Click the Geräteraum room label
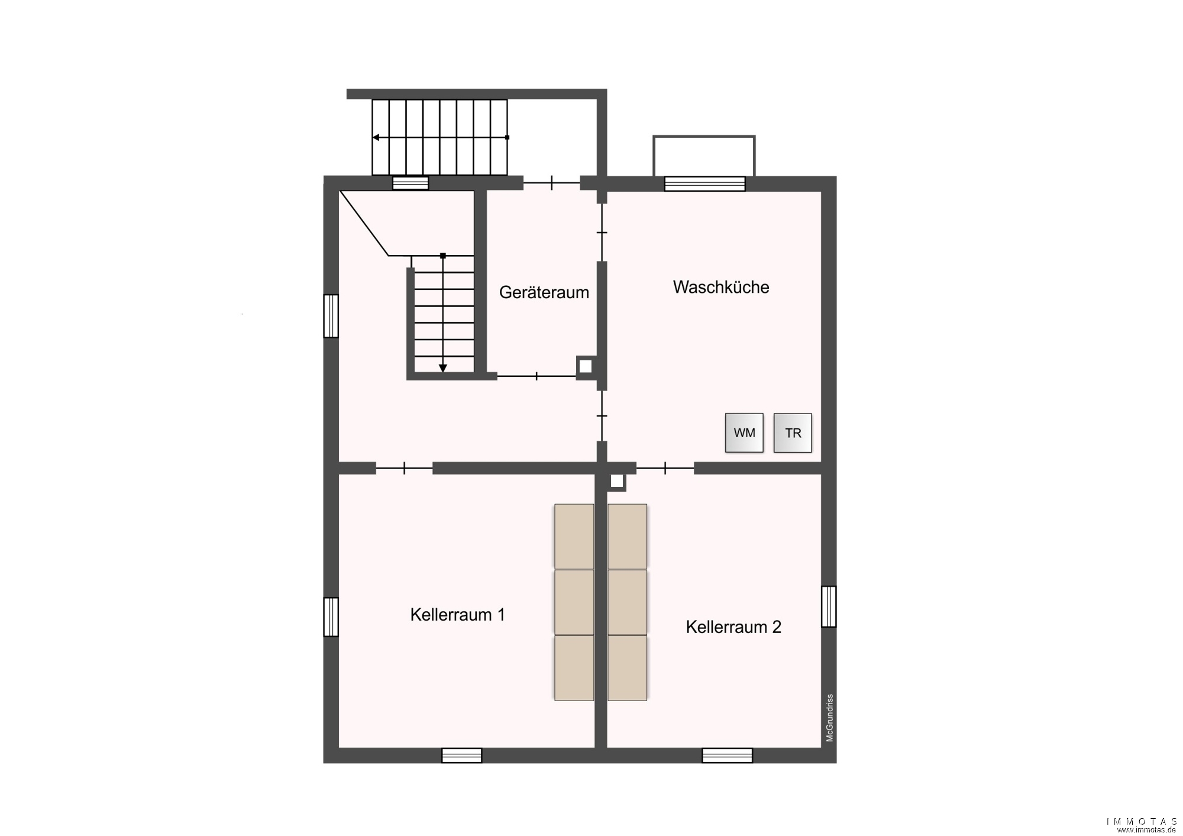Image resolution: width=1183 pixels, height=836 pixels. point(544,292)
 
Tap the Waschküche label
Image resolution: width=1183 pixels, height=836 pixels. point(721,287)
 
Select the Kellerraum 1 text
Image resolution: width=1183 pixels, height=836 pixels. point(458,615)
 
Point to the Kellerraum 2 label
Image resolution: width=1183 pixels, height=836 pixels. point(733,627)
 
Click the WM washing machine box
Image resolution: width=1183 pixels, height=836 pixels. point(744,433)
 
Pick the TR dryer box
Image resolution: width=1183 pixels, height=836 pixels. point(793,433)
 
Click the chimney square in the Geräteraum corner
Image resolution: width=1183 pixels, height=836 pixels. point(586,367)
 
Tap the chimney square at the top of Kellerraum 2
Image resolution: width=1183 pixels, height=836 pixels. point(617,482)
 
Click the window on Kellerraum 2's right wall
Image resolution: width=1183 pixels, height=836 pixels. point(829,606)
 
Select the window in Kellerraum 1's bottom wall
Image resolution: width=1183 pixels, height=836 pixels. point(462,756)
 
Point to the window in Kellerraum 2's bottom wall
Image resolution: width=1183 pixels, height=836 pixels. point(728,756)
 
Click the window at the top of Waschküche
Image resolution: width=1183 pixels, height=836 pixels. point(704,183)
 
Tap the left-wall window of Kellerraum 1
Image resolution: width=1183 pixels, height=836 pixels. point(331,617)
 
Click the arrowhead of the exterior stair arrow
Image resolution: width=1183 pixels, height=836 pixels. point(376,137)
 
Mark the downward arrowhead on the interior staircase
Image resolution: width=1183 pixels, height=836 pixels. point(443,369)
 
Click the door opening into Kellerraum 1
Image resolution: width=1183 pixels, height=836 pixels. point(405,469)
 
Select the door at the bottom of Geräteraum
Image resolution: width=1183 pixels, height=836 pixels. point(536,376)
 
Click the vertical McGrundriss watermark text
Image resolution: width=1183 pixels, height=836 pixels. point(830,718)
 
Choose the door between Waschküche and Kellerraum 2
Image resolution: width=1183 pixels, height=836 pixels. point(665,469)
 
